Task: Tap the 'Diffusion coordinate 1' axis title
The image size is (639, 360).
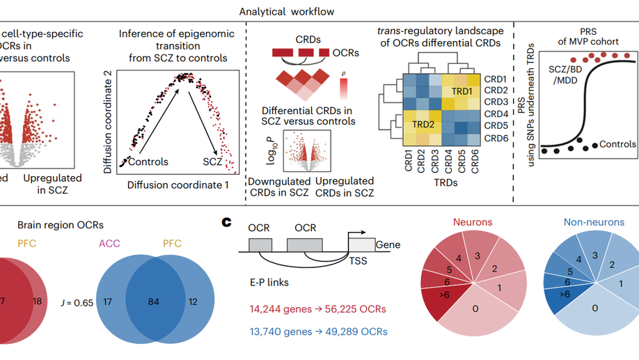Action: (x=178, y=185)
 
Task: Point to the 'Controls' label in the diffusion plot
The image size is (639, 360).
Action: (x=148, y=162)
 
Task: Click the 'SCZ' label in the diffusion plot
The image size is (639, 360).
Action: (x=212, y=162)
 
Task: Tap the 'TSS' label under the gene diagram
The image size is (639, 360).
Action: (x=356, y=261)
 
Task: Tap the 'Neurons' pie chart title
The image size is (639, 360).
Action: (x=473, y=223)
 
